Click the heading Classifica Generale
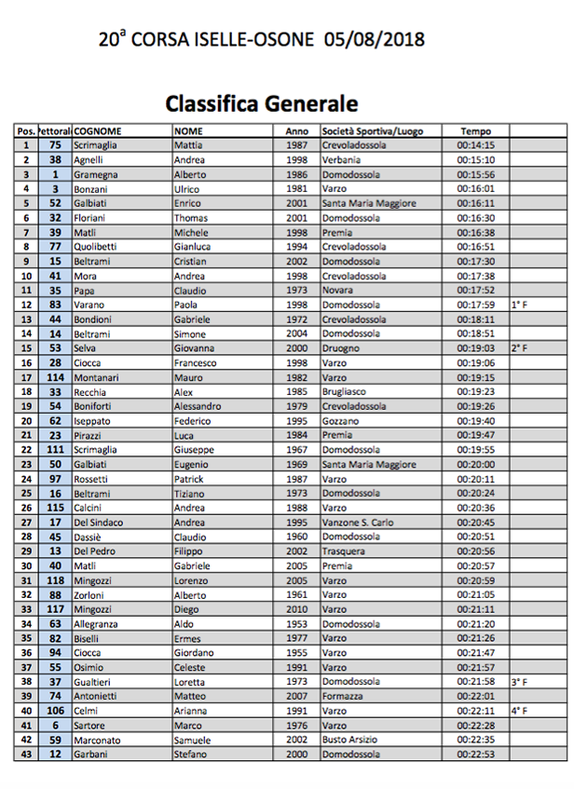click(261, 102)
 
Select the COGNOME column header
click(97, 131)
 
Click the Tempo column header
click(475, 131)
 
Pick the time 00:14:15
click(475, 145)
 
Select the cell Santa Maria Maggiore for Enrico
click(369, 203)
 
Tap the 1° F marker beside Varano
click(519, 305)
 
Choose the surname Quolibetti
click(100, 247)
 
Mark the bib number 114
click(55, 377)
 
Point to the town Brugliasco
click(347, 392)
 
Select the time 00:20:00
click(475, 464)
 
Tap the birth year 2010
click(297, 609)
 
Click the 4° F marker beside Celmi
click(519, 711)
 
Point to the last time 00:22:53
click(475, 755)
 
